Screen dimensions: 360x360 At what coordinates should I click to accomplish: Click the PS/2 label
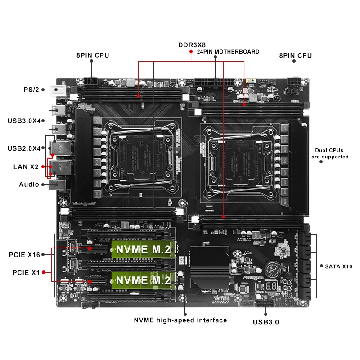[31, 89]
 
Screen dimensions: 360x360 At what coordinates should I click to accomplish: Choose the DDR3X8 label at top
[192, 45]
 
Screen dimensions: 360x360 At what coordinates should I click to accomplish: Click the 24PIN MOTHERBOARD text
[228, 52]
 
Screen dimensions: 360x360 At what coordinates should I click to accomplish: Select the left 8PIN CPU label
[92, 55]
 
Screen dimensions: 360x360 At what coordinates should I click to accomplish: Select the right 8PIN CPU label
[295, 55]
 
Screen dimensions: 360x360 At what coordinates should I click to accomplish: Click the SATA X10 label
[338, 266]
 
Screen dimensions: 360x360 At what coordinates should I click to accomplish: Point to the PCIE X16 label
[24, 255]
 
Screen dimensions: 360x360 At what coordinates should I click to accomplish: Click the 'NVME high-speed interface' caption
[180, 320]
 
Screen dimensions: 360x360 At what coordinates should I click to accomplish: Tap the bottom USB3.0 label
[266, 322]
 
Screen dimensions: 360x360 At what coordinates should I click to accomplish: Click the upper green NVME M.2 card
[143, 249]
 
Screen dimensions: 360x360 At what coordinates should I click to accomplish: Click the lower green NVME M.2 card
[143, 279]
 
